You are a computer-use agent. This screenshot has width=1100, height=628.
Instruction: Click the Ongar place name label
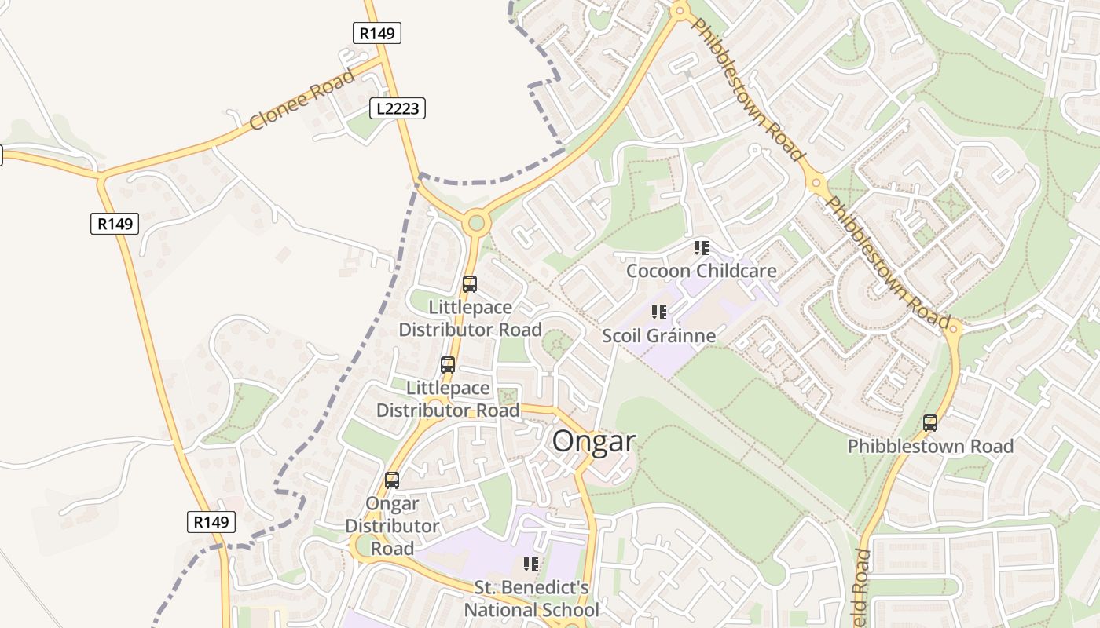pos(593,441)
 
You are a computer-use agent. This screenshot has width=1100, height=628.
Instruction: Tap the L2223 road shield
pos(398,108)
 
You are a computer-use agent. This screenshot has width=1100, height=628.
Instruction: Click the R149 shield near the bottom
pos(211,522)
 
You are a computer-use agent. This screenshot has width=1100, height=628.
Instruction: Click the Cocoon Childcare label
pos(701,272)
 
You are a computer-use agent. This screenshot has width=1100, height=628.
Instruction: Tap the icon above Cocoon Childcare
pos(701,249)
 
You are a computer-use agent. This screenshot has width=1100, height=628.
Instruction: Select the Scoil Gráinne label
pos(658,336)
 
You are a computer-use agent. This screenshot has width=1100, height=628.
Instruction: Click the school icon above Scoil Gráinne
pos(658,312)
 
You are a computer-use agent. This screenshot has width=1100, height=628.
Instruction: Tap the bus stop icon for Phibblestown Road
pos(930,423)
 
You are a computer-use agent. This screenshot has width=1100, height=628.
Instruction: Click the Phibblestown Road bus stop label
pos(930,447)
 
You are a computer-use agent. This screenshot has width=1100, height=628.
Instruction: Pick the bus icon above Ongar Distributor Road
pos(392,480)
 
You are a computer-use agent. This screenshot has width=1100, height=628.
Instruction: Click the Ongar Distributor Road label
pos(392,526)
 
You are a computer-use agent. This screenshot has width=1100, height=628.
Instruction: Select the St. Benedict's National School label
pos(531,599)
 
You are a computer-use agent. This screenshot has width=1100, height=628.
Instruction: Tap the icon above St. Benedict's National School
pos(531,564)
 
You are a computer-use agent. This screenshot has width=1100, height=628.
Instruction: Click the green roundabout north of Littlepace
pos(475,224)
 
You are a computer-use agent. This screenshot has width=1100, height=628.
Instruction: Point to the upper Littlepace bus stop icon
pos(470,284)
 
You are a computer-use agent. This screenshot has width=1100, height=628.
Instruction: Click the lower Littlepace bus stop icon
pos(448,365)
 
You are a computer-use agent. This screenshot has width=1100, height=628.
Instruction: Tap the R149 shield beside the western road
pos(115,224)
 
